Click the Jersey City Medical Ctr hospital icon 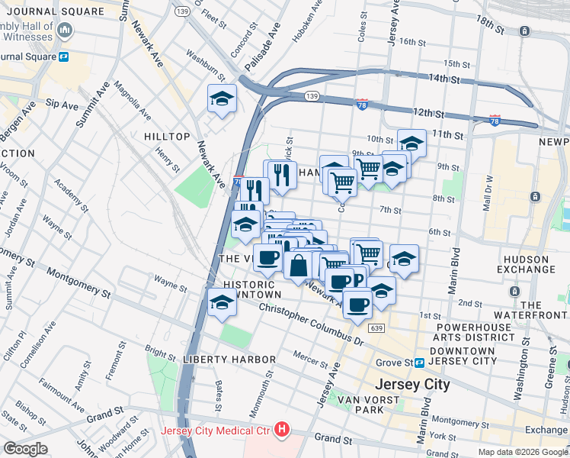pos(283,430)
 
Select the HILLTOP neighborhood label pos(166,136)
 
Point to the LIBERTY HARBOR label pos(229,359)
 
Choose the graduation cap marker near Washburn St pos(222,98)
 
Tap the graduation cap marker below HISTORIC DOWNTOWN pos(223,302)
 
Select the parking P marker pos(358,279)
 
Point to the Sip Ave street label pos(56,101)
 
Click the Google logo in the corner pos(25,449)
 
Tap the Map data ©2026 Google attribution pos(523,451)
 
